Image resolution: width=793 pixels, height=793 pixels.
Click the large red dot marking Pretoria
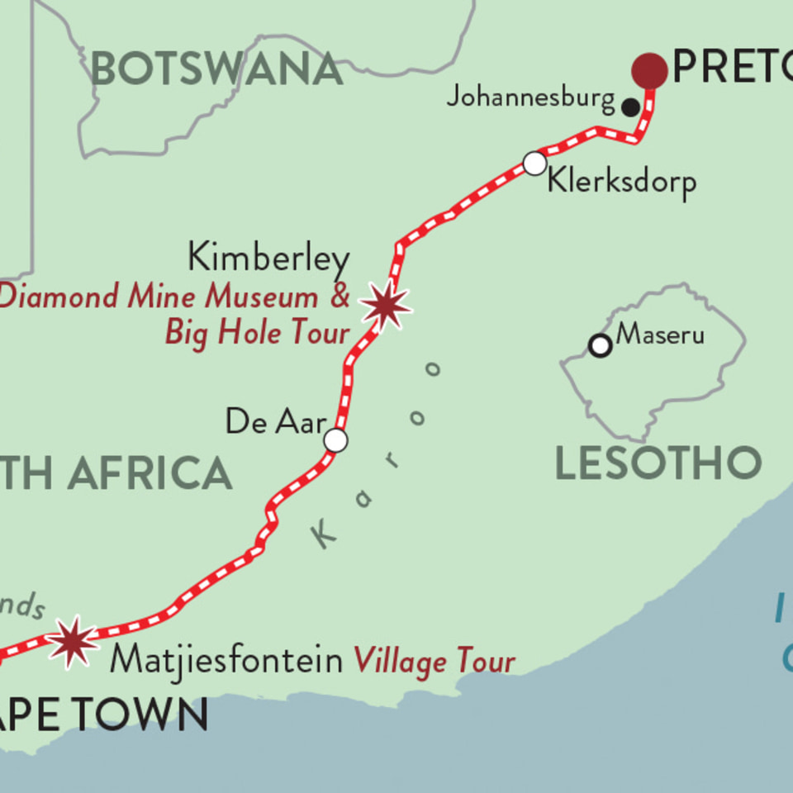(x=649, y=70)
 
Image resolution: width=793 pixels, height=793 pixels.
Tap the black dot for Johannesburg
(x=631, y=107)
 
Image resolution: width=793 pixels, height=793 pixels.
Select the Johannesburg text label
(x=530, y=97)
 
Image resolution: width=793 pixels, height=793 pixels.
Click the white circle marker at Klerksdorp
(x=534, y=164)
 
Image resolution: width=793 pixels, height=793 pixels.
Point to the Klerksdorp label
(x=622, y=182)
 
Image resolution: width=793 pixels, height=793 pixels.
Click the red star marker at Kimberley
(x=386, y=306)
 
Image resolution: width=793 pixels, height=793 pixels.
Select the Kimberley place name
(x=268, y=259)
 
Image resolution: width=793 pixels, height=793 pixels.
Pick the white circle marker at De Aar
(x=335, y=440)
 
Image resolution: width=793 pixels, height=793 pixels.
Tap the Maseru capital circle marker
(x=601, y=345)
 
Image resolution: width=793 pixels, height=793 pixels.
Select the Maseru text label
(x=661, y=335)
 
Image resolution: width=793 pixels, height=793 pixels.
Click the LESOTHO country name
(x=658, y=463)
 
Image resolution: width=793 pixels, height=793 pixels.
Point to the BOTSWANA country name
(x=216, y=69)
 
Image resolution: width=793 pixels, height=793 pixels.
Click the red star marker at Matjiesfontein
(x=73, y=641)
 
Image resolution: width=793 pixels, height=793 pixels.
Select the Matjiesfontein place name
(x=226, y=661)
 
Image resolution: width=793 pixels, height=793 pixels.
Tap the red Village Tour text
(x=434, y=662)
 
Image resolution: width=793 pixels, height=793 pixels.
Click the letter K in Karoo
(x=325, y=538)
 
